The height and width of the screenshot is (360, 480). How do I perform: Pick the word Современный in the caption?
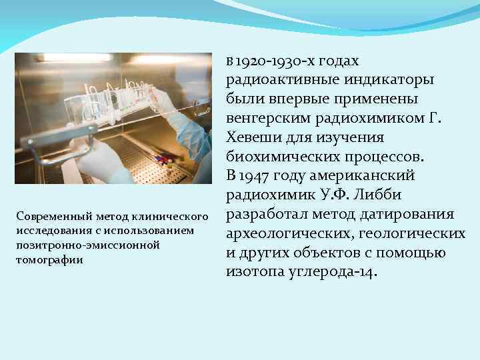[x=53, y=217]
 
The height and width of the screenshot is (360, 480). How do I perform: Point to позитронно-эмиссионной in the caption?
[x=87, y=245]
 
